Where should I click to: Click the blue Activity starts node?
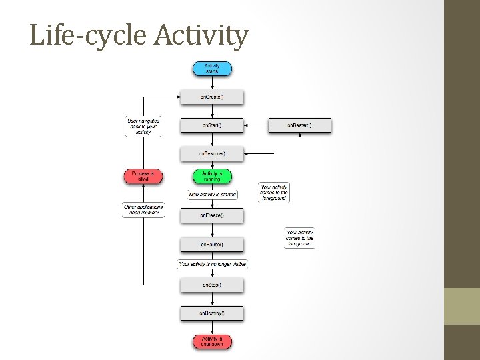(212, 69)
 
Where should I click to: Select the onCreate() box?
(212, 97)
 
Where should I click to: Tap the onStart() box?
(212, 125)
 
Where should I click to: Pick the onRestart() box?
(299, 125)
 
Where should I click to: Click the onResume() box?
(212, 154)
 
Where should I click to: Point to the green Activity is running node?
(212, 177)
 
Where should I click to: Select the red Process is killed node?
(143, 177)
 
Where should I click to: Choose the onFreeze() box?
(212, 215)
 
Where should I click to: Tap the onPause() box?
(212, 245)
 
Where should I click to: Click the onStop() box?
(212, 285)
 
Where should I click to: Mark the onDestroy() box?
(212, 313)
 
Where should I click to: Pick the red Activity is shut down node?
(212, 341)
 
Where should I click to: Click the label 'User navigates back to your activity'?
(143, 126)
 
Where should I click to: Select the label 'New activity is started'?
(213, 195)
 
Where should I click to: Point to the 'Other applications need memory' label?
(143, 210)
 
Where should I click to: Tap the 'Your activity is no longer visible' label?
(212, 264)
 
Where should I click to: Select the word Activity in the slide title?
(201, 36)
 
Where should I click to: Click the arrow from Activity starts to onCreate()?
(212, 83)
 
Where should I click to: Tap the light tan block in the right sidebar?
(462, 306)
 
